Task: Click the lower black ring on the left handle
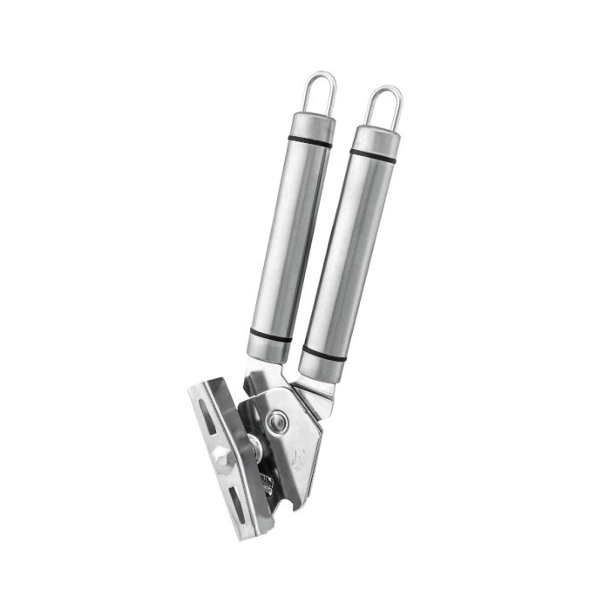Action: click(270, 335)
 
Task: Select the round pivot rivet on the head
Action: click(280, 423)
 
